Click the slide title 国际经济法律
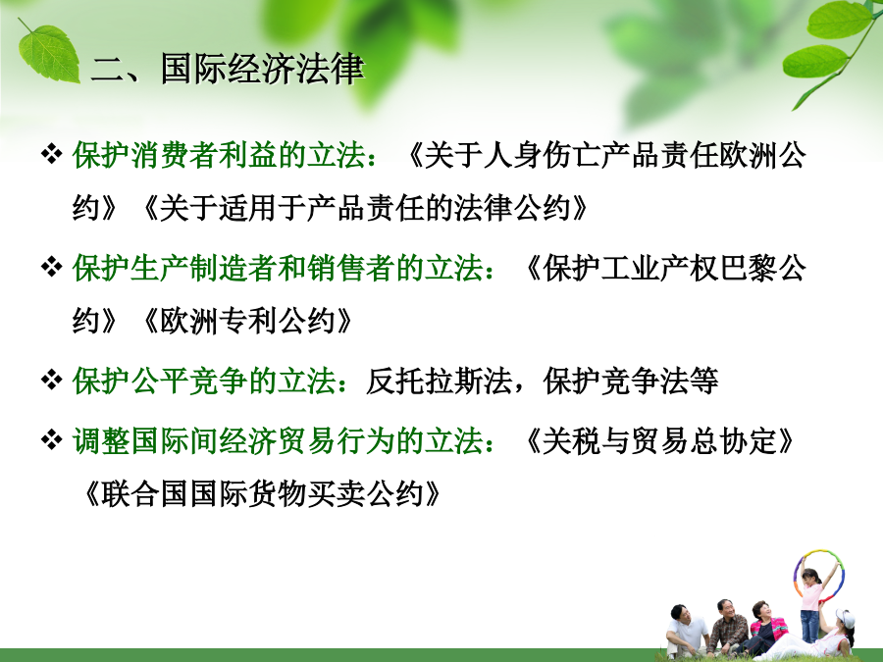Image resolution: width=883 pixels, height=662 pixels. click(262, 70)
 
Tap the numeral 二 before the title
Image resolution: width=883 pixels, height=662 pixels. click(108, 71)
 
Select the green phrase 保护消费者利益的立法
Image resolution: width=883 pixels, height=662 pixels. click(220, 155)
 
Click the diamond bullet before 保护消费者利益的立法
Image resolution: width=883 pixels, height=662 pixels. click(51, 154)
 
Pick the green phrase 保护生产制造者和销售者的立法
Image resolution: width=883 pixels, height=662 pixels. click(279, 268)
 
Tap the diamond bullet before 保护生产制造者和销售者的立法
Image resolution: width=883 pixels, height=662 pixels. click(51, 267)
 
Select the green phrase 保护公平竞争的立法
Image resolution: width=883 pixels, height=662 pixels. click(205, 382)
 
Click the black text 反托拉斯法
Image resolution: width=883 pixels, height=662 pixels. click(439, 382)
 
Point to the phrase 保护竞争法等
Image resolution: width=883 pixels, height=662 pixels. click(631, 382)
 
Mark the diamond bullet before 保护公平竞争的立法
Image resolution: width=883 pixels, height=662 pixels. click(51, 380)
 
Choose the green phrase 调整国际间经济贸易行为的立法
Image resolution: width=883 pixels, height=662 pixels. click(279, 440)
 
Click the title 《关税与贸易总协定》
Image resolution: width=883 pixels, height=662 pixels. click(659, 440)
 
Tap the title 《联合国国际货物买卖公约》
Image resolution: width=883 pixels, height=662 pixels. click(261, 494)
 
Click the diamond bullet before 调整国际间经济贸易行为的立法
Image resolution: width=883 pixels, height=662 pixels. click(51, 439)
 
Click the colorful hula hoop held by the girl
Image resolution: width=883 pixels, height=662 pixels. click(795, 574)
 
